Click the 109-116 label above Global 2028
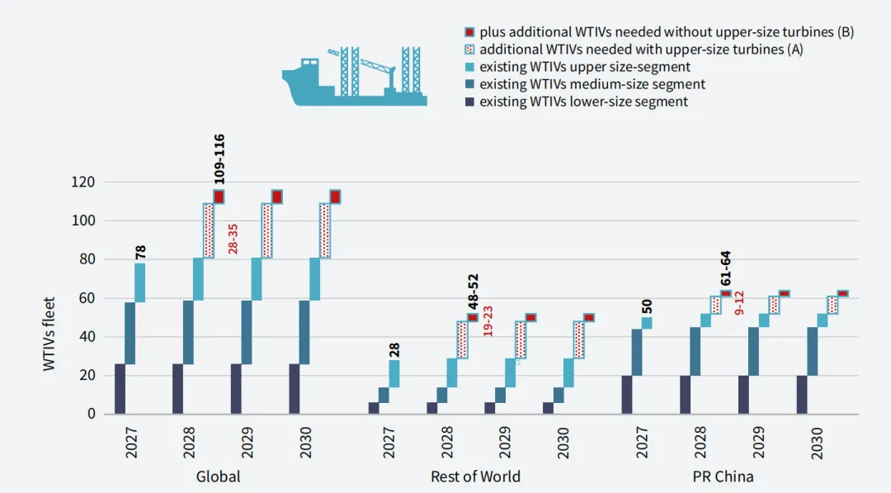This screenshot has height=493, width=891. [x=219, y=159]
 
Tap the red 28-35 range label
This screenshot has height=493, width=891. [x=233, y=238]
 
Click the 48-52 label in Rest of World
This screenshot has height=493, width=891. [x=473, y=292]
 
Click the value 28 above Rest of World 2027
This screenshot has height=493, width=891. [x=394, y=350]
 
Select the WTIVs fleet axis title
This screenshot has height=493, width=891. [x=50, y=334]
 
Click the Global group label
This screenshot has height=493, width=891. [x=218, y=476]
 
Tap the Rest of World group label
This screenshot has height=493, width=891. [x=475, y=476]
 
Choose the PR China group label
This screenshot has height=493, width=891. [x=723, y=476]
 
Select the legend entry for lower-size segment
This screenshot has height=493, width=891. [x=583, y=102]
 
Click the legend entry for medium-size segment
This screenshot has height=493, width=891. [x=592, y=84]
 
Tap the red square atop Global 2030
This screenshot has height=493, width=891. [x=335, y=197]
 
